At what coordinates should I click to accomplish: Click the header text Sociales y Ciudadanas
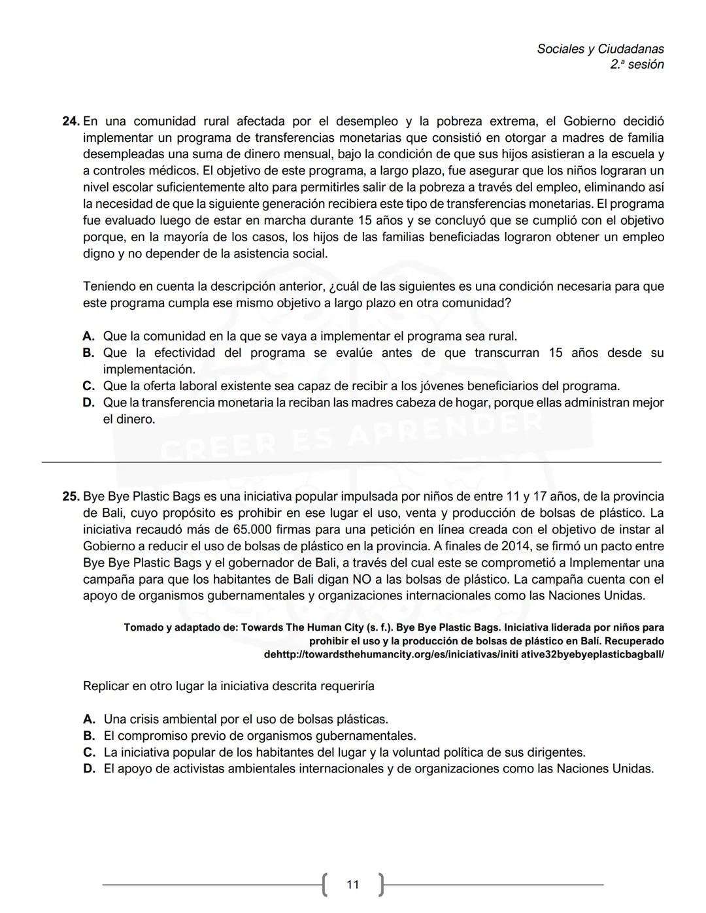pyautogui.click(x=600, y=49)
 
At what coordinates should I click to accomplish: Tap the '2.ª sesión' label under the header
pyautogui.click(x=637, y=65)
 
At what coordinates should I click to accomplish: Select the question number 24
pyautogui.click(x=71, y=122)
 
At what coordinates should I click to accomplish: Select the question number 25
pyautogui.click(x=71, y=497)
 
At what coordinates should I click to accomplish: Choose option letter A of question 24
pyautogui.click(x=89, y=337)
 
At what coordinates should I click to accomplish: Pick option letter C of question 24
pyautogui.click(x=89, y=386)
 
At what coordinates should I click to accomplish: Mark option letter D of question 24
pyautogui.click(x=89, y=403)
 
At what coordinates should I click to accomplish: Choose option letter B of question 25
pyautogui.click(x=89, y=737)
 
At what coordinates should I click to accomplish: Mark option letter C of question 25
pyautogui.click(x=89, y=753)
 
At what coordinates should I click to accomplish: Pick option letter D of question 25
pyautogui.click(x=89, y=769)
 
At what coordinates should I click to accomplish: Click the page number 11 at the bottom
pyautogui.click(x=353, y=885)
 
